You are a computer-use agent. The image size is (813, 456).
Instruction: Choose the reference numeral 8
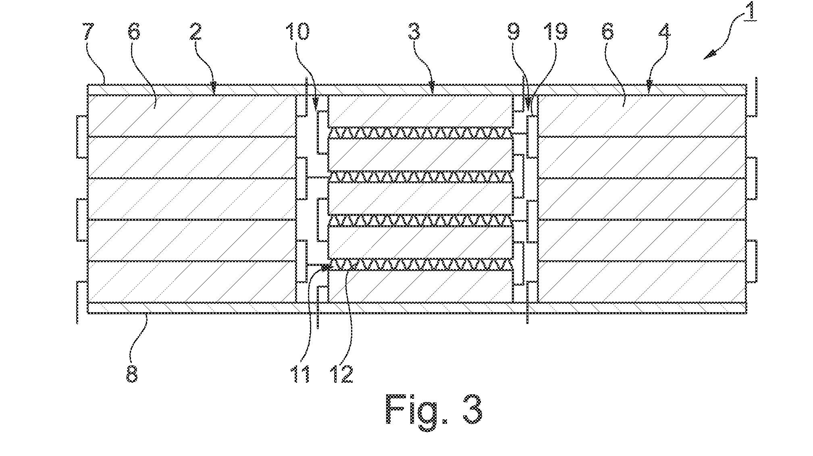[x=132, y=373]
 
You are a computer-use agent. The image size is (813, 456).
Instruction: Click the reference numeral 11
[x=301, y=373]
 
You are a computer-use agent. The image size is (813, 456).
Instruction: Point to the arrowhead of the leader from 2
[x=213, y=86]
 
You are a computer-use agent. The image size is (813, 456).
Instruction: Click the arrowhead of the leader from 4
[x=649, y=86]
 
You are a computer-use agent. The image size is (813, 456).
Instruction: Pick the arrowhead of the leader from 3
[x=432, y=86]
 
